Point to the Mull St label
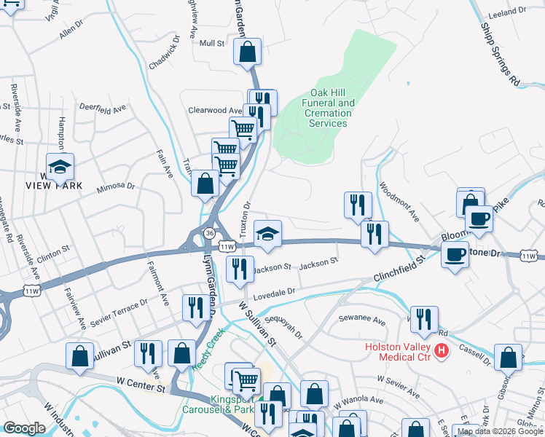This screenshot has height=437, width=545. point(212,44)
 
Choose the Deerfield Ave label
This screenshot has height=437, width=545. point(103,107)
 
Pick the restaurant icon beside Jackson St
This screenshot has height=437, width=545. point(240,269)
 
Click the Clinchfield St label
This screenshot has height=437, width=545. point(399,269)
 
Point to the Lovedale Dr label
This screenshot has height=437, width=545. point(274,293)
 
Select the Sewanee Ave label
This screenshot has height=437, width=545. point(362,320)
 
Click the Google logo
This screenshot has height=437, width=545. point(24,428)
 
